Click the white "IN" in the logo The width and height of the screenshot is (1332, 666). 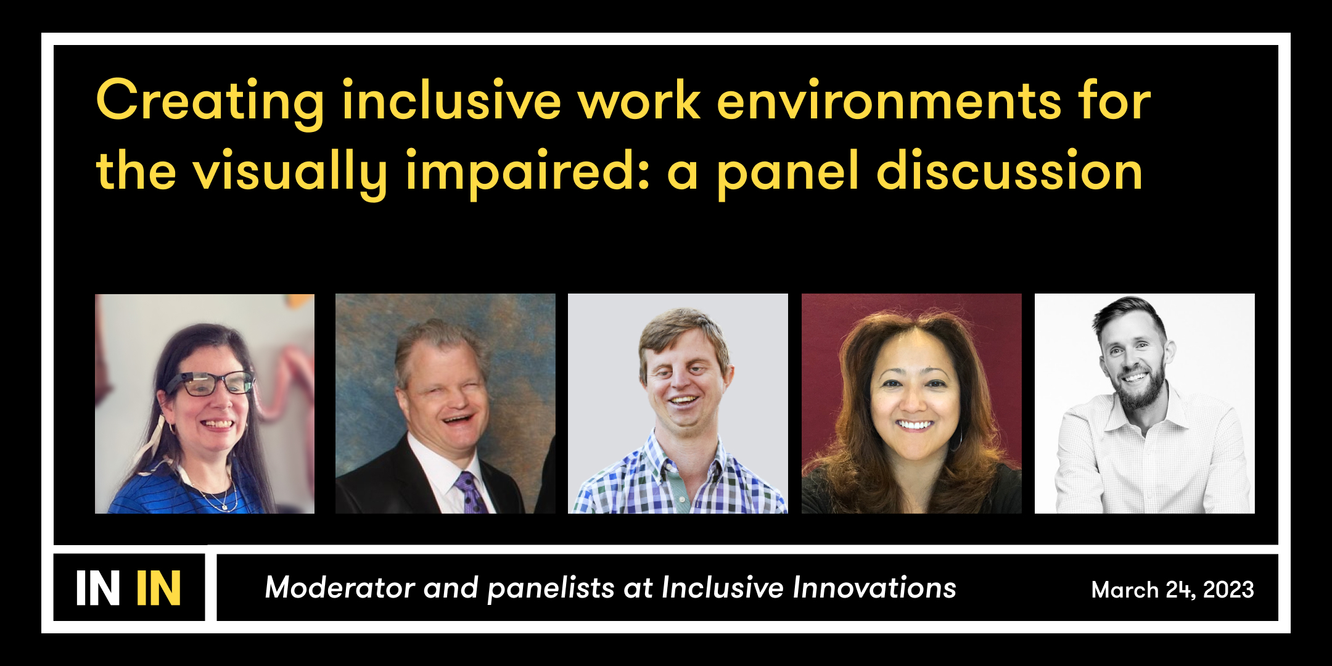coord(97,588)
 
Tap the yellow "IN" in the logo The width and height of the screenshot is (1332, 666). coord(158,588)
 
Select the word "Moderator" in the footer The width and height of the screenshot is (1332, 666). coord(340,588)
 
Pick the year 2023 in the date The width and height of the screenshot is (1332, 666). coord(1228,590)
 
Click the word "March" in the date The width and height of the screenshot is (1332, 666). coord(1125,590)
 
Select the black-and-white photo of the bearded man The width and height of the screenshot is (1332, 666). coord(1145,403)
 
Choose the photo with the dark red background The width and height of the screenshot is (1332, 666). coord(911,403)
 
